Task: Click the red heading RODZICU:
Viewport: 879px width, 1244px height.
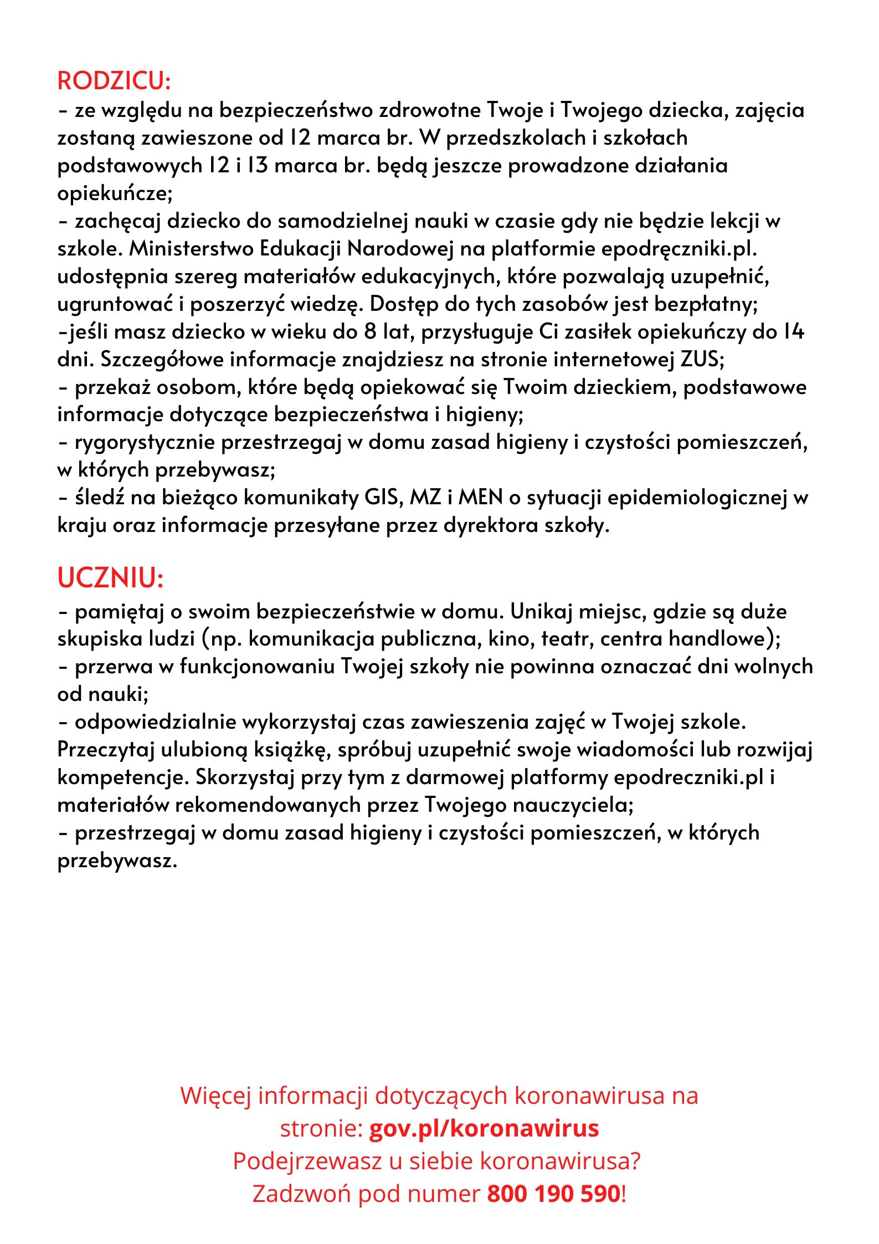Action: point(114,81)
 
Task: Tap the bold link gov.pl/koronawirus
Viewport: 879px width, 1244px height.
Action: point(484,1128)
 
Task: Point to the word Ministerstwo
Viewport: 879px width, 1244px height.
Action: point(191,249)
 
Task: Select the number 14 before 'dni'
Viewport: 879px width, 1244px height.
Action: point(793,332)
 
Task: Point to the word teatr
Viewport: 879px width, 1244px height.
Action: point(566,639)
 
